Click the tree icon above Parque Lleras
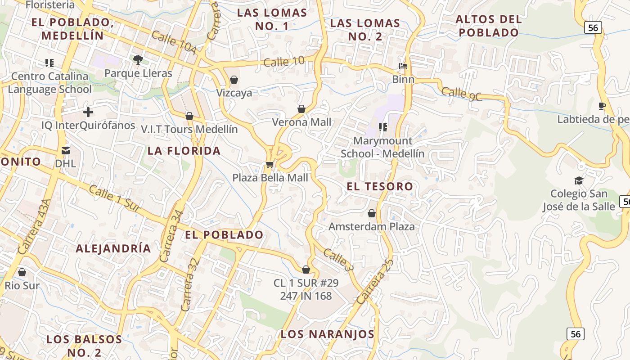click(x=138, y=59)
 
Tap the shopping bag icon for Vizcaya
click(x=234, y=80)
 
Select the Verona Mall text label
click(x=301, y=122)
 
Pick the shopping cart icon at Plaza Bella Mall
click(x=270, y=165)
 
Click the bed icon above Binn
click(x=403, y=66)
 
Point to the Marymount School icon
click(x=382, y=127)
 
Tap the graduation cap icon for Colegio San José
click(x=579, y=181)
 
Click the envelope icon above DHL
click(x=66, y=151)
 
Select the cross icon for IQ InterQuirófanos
click(x=88, y=112)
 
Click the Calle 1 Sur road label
click(x=114, y=198)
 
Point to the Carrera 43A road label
click(x=33, y=227)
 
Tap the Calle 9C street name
click(x=461, y=94)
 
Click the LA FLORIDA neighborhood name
click(x=184, y=151)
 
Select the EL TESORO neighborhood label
click(x=380, y=186)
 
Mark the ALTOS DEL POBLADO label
click(x=489, y=26)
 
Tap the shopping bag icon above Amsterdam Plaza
click(x=372, y=213)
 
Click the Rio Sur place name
click(x=22, y=285)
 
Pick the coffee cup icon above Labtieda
click(x=602, y=106)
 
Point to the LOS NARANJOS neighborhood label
click(x=328, y=334)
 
